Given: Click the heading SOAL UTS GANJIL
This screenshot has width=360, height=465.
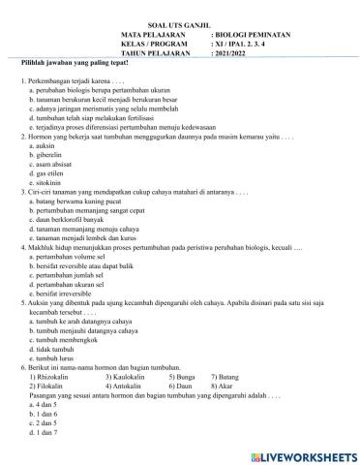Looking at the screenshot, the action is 180,30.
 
